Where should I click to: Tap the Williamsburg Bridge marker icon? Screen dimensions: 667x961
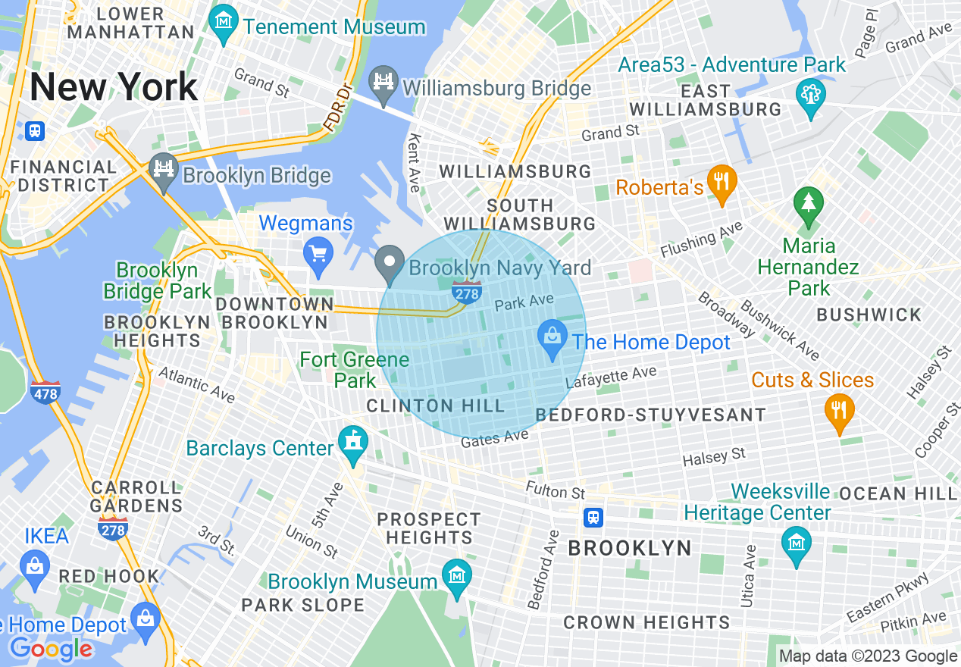[x=384, y=83]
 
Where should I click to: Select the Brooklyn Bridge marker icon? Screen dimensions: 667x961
[x=163, y=171]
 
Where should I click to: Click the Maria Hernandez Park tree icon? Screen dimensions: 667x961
[x=808, y=205]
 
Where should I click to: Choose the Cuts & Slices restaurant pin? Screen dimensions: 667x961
[x=839, y=412]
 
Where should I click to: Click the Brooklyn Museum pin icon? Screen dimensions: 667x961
[x=456, y=578]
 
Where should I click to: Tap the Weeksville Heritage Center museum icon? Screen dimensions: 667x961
[x=797, y=544]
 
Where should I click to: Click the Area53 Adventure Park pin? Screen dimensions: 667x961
[x=810, y=96]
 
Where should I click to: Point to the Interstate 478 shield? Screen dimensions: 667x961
[x=46, y=393]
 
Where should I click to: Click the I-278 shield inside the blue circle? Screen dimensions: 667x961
[x=467, y=292]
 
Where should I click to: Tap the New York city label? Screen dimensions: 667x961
[x=114, y=87]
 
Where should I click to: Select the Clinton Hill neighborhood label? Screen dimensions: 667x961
[x=435, y=406]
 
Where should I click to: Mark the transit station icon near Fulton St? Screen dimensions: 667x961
[x=593, y=517]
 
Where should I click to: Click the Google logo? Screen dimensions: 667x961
[x=51, y=649]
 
